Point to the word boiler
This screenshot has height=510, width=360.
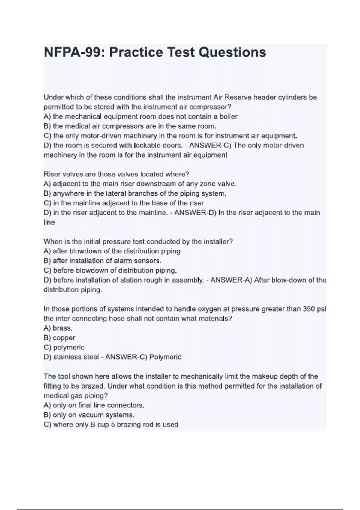[x=229, y=116]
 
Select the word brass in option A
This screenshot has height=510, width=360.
[x=62, y=328]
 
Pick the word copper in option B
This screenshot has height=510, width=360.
[x=64, y=338]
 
